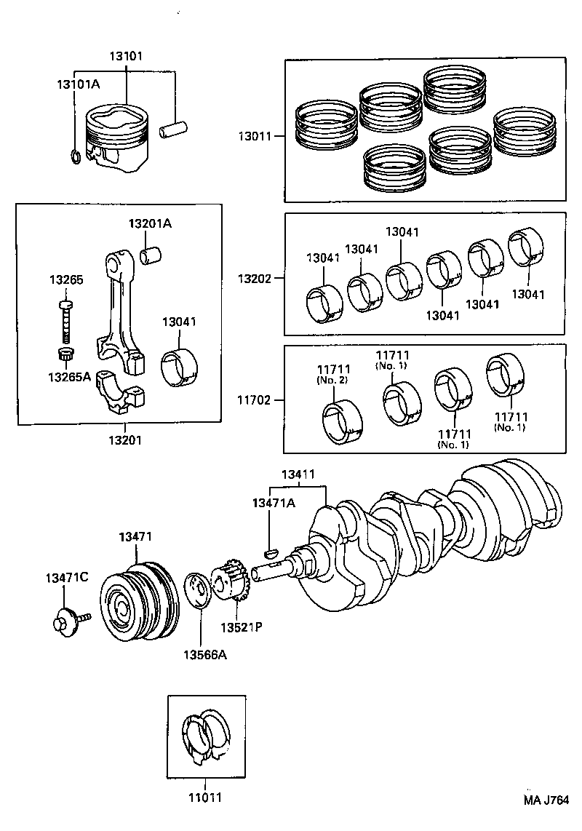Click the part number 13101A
coord(78,84)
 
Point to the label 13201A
coord(150,223)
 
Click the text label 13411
coord(299,474)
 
